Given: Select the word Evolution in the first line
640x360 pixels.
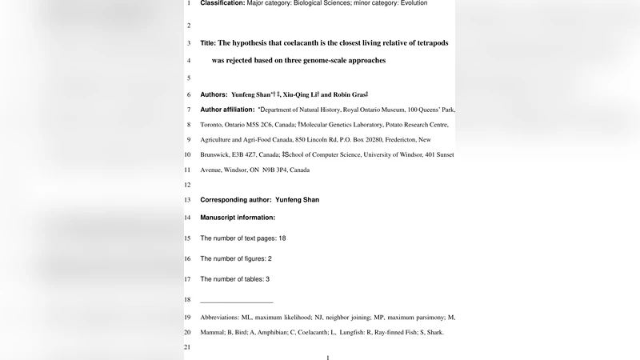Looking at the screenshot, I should pos(410,3).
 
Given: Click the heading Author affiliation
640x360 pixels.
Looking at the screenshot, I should pos(226,109).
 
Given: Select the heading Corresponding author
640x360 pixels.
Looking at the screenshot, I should pos(236,200).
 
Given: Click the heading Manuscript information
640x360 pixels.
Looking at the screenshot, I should pos(238,218).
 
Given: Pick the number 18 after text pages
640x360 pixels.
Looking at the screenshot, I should pos(282,238).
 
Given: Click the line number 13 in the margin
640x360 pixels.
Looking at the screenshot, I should pos(187,200).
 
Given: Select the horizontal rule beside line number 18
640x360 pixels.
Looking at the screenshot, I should pos(236,302).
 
